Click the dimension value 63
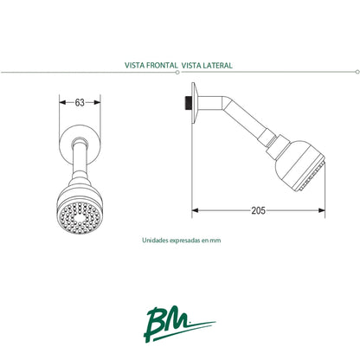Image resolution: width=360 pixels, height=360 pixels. coord(80,102)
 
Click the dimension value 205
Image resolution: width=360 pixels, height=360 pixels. coord(258,210)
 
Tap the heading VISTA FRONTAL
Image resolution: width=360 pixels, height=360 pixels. coord(151,65)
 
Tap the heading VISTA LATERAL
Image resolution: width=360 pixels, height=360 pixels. coord(207,65)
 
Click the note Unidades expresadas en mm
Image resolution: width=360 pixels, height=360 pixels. coord(182,240)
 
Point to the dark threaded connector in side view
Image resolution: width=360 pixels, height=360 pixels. coord(189,103)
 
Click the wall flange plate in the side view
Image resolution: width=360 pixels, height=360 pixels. coord(195,103)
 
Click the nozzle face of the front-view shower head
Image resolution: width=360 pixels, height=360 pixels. coord(80,217)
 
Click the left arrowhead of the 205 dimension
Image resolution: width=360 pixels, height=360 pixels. coord(196,210)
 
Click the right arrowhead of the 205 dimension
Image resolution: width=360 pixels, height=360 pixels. coord(322,210)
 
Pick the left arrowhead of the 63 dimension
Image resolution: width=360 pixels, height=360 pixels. coord(62,102)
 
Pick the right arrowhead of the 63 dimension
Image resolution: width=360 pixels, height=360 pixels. coord(97,102)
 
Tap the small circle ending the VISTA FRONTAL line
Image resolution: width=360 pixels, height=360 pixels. coord(177,73)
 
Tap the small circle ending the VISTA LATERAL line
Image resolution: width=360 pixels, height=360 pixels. coord(357,72)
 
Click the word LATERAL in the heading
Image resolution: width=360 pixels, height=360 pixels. coord(217,65)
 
